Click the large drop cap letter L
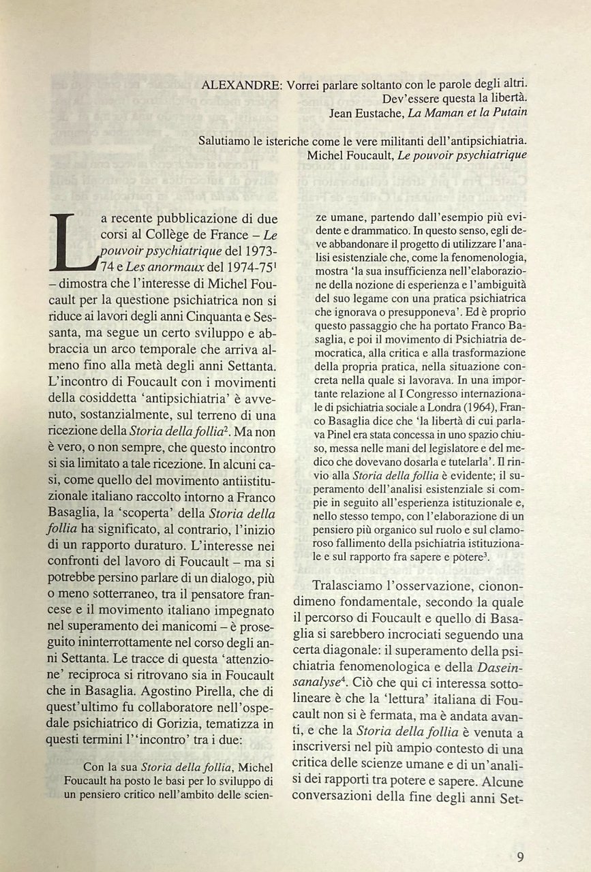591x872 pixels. tap(71, 241)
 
